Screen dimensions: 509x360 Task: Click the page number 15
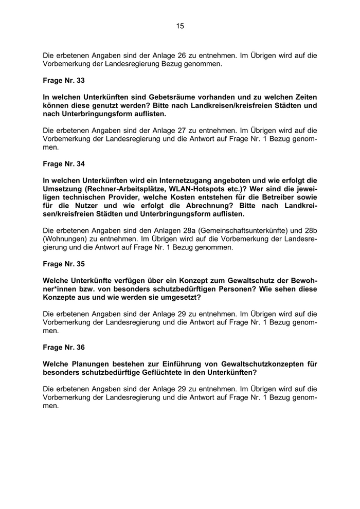point(180,26)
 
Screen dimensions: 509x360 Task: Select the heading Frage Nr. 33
point(64,81)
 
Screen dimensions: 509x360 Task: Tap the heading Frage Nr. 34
point(64,164)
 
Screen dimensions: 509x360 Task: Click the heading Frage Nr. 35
point(64,264)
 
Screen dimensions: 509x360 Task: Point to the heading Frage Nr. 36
point(64,348)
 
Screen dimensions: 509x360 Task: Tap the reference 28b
point(311,231)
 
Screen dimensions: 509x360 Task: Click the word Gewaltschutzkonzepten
point(257,364)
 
